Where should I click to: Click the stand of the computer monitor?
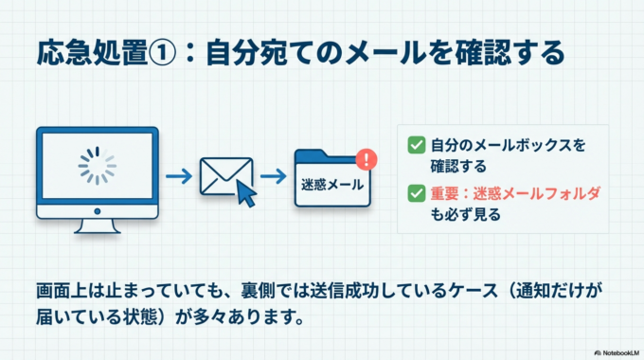[97, 224]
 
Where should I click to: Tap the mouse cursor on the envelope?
[246, 193]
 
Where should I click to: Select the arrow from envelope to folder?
[274, 176]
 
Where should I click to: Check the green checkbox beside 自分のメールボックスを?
[415, 146]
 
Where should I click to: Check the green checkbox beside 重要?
[415, 193]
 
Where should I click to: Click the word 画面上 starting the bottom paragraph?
[59, 287]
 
